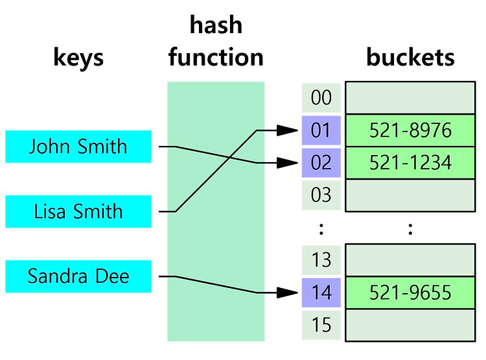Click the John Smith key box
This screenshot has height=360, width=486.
click(78, 147)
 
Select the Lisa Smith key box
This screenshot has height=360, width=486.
click(78, 211)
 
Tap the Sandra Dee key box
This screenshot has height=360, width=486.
click(78, 276)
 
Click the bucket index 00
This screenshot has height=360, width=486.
click(321, 98)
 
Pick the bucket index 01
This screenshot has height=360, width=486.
click(321, 130)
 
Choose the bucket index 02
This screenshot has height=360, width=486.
click(321, 163)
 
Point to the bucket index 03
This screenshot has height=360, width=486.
click(321, 195)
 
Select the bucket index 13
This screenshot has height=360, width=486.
click(321, 260)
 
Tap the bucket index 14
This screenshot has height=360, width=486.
click(321, 293)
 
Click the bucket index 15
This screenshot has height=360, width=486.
click(321, 325)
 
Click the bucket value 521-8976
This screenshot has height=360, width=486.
click(410, 130)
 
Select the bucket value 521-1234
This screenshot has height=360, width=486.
click(410, 163)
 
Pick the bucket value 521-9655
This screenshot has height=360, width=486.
click(410, 293)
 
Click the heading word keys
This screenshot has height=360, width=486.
click(78, 58)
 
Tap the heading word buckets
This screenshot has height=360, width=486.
click(410, 57)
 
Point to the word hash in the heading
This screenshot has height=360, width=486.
click(216, 25)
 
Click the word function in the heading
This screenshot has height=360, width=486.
click(216, 57)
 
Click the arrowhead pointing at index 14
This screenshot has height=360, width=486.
click(287, 293)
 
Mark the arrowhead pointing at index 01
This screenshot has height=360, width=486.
click(287, 130)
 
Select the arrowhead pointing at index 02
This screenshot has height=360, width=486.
click(287, 163)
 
